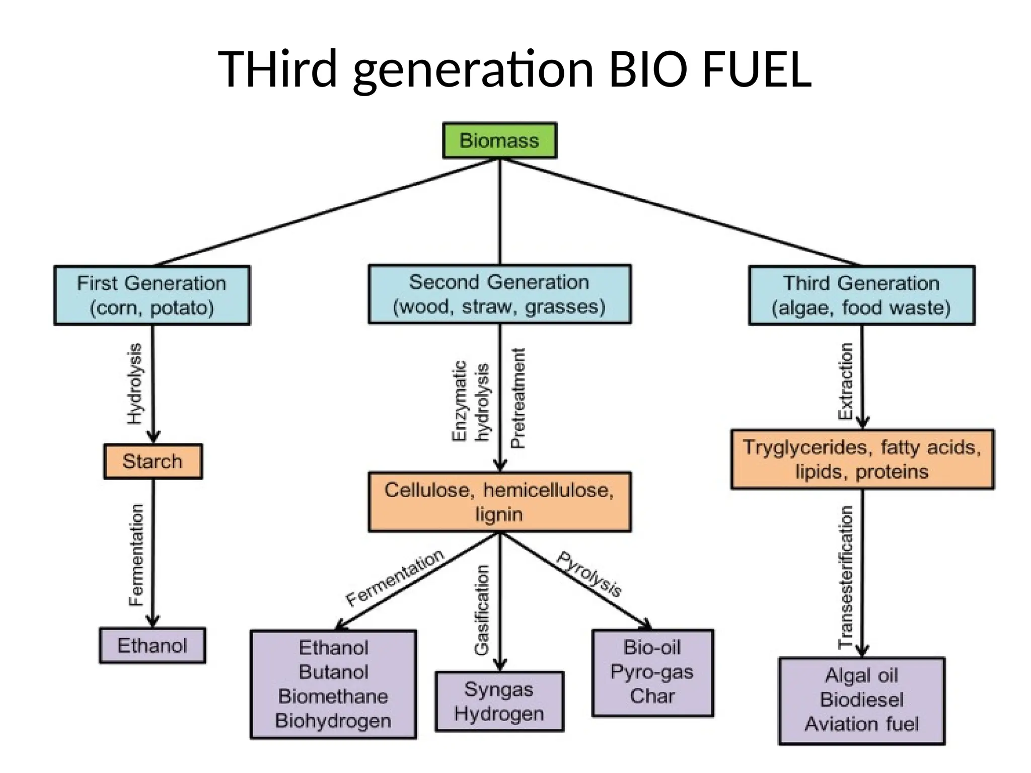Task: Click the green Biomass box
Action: point(499,140)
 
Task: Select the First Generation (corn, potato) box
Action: point(152,295)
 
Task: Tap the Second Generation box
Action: point(499,294)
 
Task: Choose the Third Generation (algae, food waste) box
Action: point(861,295)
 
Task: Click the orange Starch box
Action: point(153,461)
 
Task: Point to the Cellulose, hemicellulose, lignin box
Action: point(499,502)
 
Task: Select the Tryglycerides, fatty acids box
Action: point(862,459)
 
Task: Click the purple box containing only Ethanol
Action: point(152,645)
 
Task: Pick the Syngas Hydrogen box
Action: point(499,701)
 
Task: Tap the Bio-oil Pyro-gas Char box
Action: point(652,672)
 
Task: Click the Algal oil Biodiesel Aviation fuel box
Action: point(861,701)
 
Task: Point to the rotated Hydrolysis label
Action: point(134,384)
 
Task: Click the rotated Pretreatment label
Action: point(518,398)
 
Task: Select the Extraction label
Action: point(845,381)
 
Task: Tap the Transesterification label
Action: point(845,577)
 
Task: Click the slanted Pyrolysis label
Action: point(589,574)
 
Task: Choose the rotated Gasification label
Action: point(482,609)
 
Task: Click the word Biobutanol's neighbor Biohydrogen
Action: point(333,721)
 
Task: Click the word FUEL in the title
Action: point(757,69)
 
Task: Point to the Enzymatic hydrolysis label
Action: point(470,401)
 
